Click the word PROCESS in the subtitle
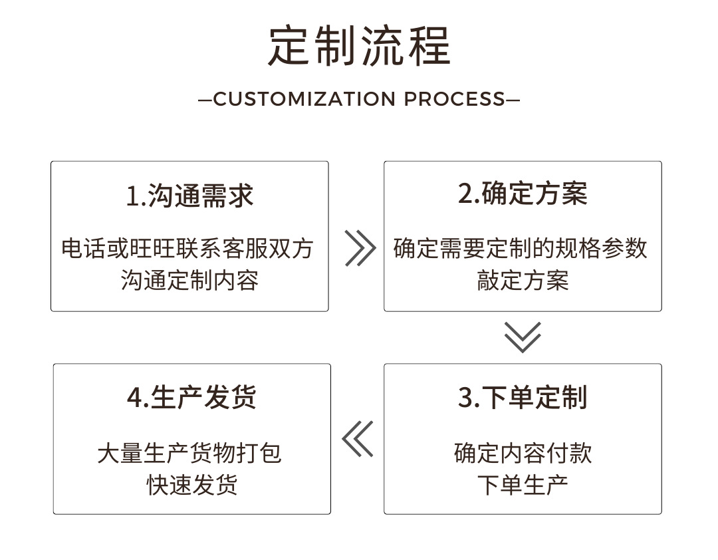pos(455,99)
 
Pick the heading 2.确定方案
pos(523,194)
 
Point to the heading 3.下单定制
pos(523,398)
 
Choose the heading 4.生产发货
pos(191,398)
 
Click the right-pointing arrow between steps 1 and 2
pos(360,249)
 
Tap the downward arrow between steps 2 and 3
pos(523,337)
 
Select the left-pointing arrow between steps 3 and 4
pos(358,439)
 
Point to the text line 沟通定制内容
pos(189,280)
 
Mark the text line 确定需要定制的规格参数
pos(521,249)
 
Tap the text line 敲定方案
pos(523,280)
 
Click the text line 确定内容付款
pos(523,454)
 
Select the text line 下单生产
pos(523,485)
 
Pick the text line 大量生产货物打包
pos(189,454)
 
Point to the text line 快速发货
pos(191,485)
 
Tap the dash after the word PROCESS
pos(513,100)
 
